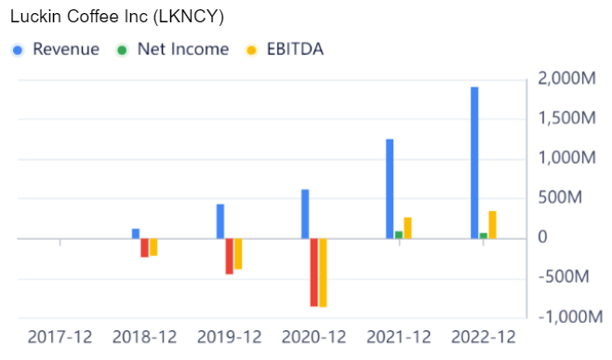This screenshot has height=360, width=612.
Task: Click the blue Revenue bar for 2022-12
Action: tap(474, 163)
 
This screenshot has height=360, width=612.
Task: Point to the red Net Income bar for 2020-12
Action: tap(314, 272)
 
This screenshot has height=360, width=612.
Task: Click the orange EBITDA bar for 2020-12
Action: tap(324, 273)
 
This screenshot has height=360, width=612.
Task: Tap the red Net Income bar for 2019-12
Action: tap(230, 256)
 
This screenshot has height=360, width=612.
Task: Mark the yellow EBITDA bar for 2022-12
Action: tap(492, 224)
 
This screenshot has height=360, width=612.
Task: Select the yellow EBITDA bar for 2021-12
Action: tap(407, 228)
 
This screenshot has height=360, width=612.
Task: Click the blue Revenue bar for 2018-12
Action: tap(136, 233)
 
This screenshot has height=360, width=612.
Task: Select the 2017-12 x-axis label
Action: tap(60, 336)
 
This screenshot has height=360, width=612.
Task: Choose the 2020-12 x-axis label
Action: tap(314, 336)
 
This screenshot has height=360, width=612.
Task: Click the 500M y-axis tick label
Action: tap(572, 198)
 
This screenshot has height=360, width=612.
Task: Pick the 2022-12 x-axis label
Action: tap(483, 336)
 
